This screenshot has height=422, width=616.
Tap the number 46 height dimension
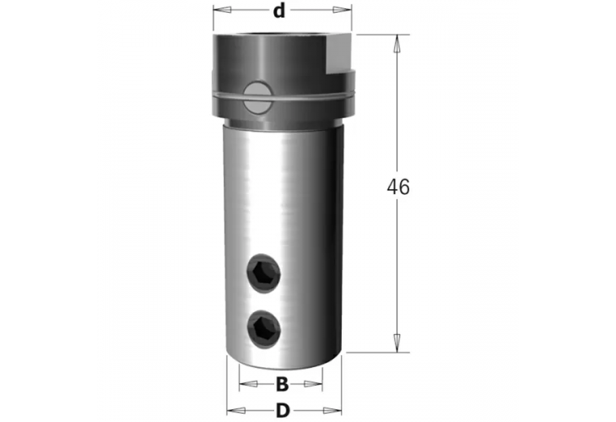[x=397, y=187]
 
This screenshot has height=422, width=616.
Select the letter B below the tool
[x=282, y=386]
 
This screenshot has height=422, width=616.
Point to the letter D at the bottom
[x=282, y=411]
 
